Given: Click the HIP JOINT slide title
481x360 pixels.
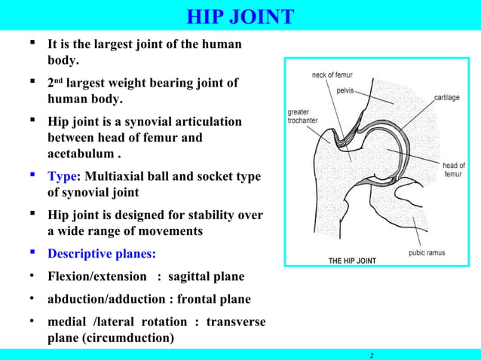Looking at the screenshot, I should [240, 16].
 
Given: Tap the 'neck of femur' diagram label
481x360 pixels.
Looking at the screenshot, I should [332, 75].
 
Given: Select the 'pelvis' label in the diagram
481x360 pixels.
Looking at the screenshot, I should [346, 90].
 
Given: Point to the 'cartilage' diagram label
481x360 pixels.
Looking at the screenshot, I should [449, 98].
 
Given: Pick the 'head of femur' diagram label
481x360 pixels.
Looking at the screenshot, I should [454, 169].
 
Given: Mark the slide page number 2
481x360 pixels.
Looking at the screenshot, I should [372, 354].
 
